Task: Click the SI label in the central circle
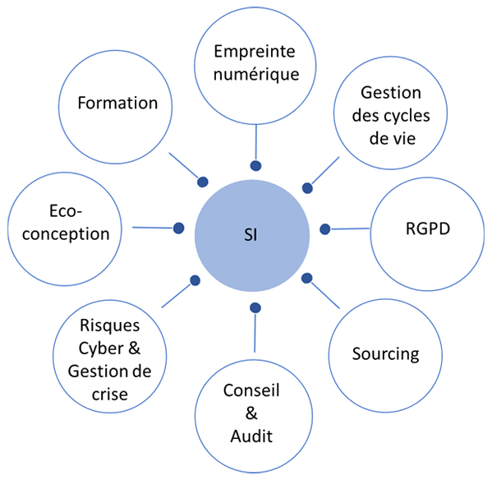pyautogui.click(x=251, y=235)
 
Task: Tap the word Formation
pyautogui.click(x=117, y=103)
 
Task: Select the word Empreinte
pyautogui.click(x=255, y=52)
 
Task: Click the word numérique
pyautogui.click(x=256, y=76)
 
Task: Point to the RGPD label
pyautogui.click(x=428, y=228)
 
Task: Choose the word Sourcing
pyautogui.click(x=385, y=355)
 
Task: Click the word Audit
pyautogui.click(x=251, y=436)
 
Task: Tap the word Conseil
pyautogui.click(x=251, y=390)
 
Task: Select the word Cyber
pyautogui.click(x=101, y=349)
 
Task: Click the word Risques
pyautogui.click(x=110, y=325)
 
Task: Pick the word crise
pyautogui.click(x=110, y=395)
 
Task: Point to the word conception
pyautogui.click(x=66, y=234)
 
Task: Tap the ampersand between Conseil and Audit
pyautogui.click(x=251, y=413)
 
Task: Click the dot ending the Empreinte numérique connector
pyautogui.click(x=255, y=166)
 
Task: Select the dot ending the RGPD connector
pyautogui.click(x=325, y=229)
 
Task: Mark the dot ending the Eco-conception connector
pyautogui.click(x=178, y=228)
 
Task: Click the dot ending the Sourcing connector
pyautogui.click(x=307, y=278)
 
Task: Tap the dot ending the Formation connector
pyautogui.click(x=203, y=182)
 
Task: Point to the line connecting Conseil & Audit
pyautogui.click(x=255, y=333)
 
